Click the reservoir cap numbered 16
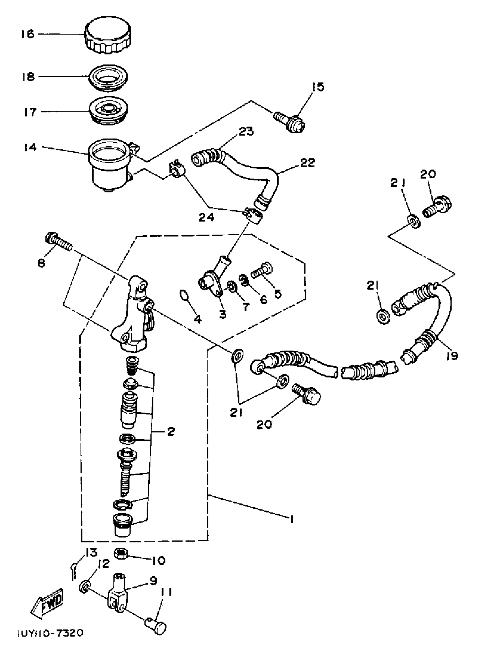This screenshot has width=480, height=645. pyautogui.click(x=108, y=39)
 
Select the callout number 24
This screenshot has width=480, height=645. pyautogui.click(x=207, y=217)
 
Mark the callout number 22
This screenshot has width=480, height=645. pyautogui.click(x=308, y=163)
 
